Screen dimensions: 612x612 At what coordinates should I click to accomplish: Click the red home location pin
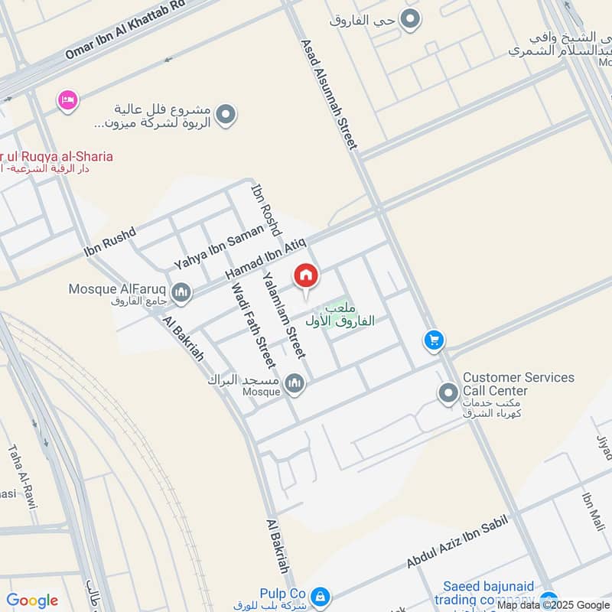(x=306, y=276)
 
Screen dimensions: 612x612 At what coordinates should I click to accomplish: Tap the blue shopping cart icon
(x=434, y=340)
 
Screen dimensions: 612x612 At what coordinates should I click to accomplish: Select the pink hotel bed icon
(x=68, y=100)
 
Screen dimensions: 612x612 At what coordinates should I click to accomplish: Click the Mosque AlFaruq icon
(x=181, y=291)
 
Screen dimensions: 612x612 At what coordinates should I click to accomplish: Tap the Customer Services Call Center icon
(x=448, y=393)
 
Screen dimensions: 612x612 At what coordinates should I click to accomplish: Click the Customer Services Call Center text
(x=518, y=384)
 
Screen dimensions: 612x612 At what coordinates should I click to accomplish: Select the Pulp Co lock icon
(x=321, y=595)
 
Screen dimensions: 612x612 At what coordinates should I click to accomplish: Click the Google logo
(x=32, y=601)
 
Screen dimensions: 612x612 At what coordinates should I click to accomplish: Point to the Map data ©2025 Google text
(x=552, y=604)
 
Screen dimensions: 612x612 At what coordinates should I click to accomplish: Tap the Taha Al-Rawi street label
(x=23, y=477)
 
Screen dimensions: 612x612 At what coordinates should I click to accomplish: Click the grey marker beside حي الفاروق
(x=412, y=20)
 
